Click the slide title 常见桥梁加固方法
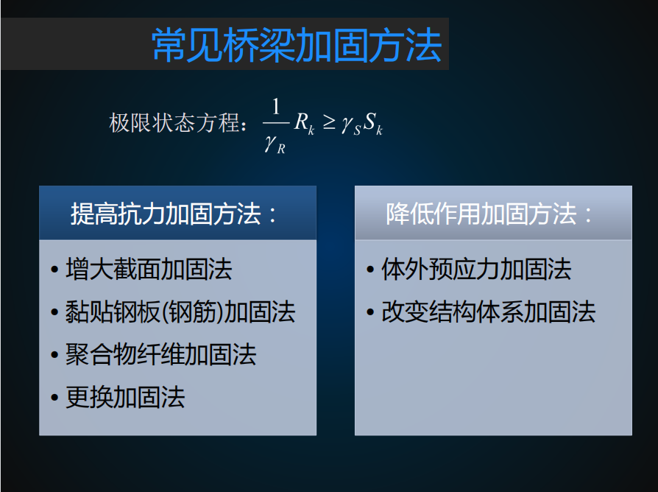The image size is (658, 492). pyautogui.click(x=297, y=46)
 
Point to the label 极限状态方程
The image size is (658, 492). pyautogui.click(x=174, y=123)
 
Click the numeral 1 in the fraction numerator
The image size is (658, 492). pyautogui.click(x=276, y=107)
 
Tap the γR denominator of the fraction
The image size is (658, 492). pyautogui.click(x=275, y=144)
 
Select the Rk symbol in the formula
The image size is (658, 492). pyautogui.click(x=304, y=124)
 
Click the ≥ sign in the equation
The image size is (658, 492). pyautogui.click(x=329, y=122)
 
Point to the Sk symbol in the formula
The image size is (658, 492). pyautogui.click(x=373, y=124)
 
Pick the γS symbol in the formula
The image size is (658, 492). pyautogui.click(x=351, y=125)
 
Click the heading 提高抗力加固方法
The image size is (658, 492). pyautogui.click(x=166, y=214)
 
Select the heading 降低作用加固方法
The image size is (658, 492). pyautogui.click(x=481, y=214)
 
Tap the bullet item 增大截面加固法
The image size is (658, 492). pyautogui.click(x=149, y=269)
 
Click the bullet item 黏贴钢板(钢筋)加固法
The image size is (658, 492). pyautogui.click(x=180, y=312)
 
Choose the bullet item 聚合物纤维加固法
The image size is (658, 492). pyautogui.click(x=161, y=354)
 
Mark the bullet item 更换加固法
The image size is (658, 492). pyautogui.click(x=125, y=397)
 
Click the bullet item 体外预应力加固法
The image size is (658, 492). pyautogui.click(x=476, y=269)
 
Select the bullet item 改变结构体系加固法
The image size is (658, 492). pyautogui.click(x=489, y=312)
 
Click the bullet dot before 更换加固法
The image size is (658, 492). pyautogui.click(x=54, y=397)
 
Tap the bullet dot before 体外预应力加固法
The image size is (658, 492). pyautogui.click(x=370, y=269)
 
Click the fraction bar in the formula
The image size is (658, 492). pyautogui.click(x=276, y=123)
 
